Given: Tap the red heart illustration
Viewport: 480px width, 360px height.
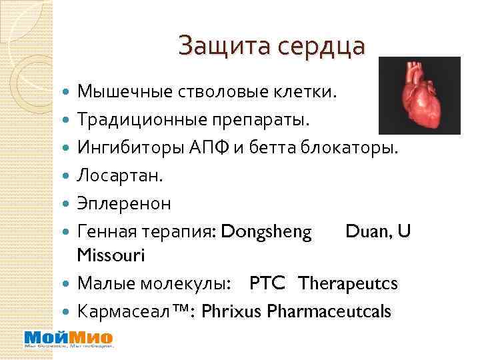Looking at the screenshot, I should point(418,95).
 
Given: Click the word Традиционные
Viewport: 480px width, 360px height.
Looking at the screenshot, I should point(135,120).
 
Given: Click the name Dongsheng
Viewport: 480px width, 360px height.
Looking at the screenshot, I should point(266,231).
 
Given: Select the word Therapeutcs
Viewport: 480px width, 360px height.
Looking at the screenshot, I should point(348,283).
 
